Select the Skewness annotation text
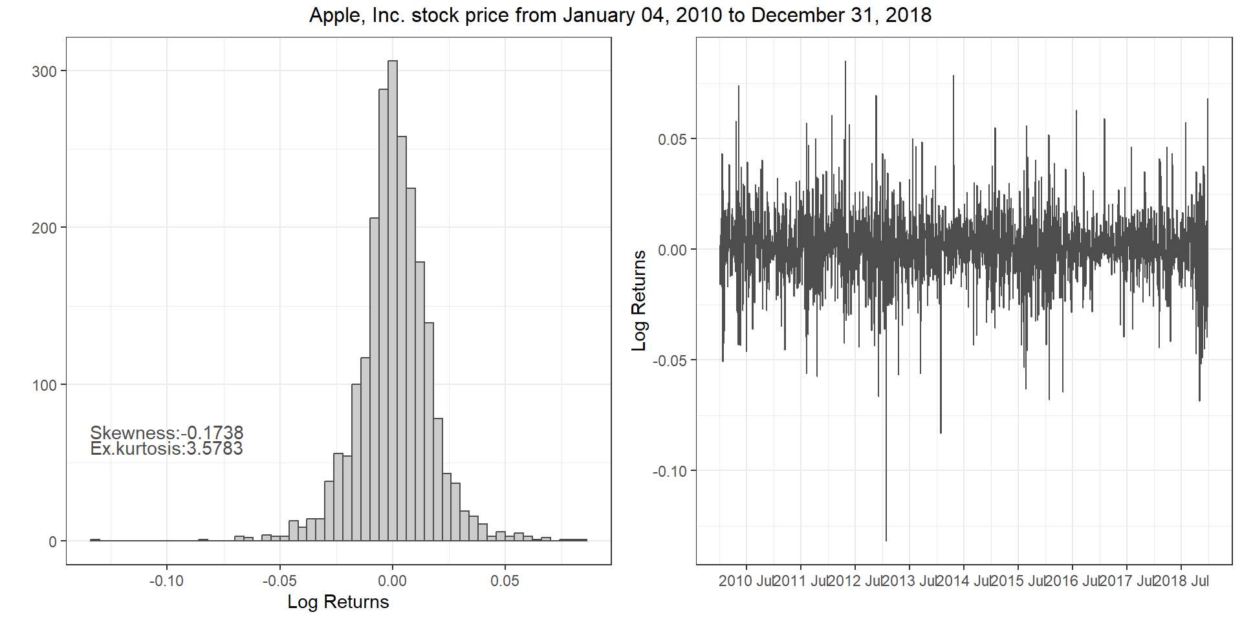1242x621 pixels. [166, 433]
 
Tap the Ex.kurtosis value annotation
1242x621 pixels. [166, 449]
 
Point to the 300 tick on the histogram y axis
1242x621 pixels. [45, 71]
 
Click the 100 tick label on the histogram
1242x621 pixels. [45, 386]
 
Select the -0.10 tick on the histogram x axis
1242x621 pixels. [166, 581]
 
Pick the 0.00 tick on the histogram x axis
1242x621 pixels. [392, 581]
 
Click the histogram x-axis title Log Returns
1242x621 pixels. [338, 602]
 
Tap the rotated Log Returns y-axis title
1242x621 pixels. [639, 301]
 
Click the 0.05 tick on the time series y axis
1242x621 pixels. [673, 139]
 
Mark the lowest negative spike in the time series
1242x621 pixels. [886, 539]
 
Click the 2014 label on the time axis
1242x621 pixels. [952, 581]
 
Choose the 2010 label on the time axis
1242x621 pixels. [735, 581]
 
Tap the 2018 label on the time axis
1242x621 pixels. [1170, 581]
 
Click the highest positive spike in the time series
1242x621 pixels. [845, 63]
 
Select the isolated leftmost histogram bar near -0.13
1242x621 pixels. [94, 539]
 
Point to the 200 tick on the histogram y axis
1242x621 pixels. [45, 228]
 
